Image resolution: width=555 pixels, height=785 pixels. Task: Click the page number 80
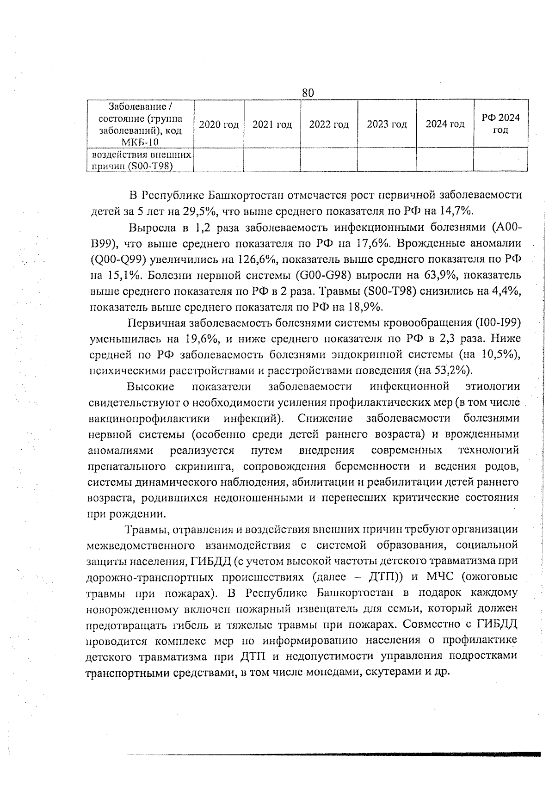point(308,93)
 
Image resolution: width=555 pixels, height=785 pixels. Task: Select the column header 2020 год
point(218,124)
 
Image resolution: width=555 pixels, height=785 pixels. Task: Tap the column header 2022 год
point(329,124)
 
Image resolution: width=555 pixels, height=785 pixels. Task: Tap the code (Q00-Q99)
point(117,259)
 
